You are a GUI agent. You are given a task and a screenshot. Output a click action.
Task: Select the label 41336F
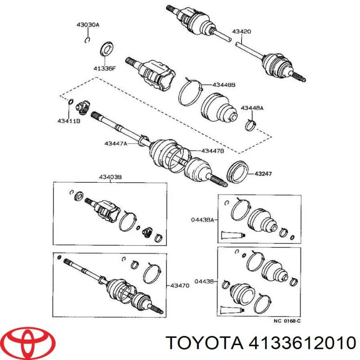pos(104,68)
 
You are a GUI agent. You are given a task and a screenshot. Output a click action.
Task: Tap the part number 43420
pos(241,31)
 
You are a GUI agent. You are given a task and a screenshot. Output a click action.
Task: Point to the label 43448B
pos(224,85)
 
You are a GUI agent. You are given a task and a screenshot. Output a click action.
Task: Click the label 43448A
pos(252,108)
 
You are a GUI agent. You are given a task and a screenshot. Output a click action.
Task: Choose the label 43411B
pos(69,121)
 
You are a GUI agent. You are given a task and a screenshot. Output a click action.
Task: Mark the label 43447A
pos(116,144)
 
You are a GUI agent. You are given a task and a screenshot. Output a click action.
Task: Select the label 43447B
pos(212,151)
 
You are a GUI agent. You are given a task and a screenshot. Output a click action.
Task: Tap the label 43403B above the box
pos(110,178)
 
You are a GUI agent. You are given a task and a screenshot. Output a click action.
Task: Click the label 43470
pos(179,285)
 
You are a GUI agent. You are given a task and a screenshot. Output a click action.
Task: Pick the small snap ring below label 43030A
pos(87,40)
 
